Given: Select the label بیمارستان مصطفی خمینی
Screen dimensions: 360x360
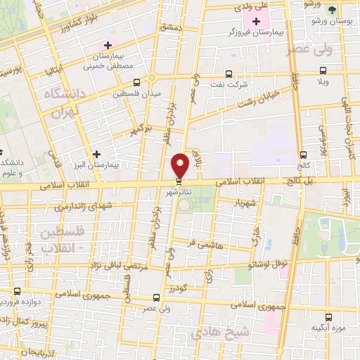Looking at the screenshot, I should point(106,62).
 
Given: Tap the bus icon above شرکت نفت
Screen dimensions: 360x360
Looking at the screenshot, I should point(229,73).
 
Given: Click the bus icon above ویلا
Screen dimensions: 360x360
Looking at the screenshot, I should point(323,70).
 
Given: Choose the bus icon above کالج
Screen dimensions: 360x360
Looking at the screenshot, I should point(303,155).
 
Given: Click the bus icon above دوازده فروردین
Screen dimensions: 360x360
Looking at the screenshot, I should point(18,291).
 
